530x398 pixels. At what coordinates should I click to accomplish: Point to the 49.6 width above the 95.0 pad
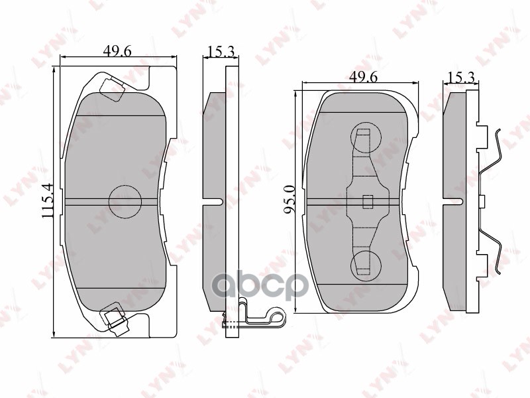tap(363, 77)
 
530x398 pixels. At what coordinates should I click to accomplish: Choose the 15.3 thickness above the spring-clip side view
tap(461, 77)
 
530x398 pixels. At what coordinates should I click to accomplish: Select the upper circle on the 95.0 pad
tap(365, 139)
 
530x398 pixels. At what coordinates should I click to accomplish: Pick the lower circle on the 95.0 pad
tap(365, 265)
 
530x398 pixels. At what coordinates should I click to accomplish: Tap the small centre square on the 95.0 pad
tap(368, 201)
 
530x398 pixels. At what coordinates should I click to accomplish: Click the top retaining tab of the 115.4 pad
tap(112, 88)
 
